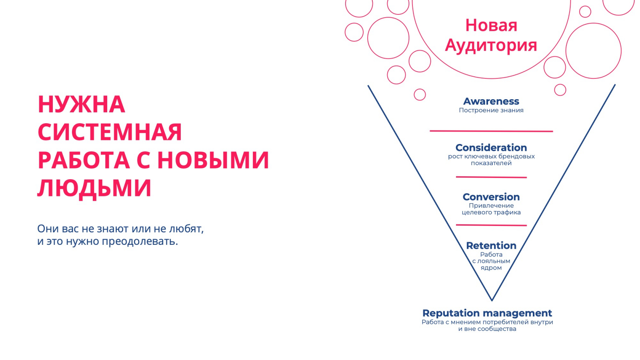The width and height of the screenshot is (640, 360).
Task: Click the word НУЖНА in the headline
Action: point(82,104)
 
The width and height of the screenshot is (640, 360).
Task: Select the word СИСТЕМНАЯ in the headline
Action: point(110,132)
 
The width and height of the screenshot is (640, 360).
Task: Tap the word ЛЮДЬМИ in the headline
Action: point(94,188)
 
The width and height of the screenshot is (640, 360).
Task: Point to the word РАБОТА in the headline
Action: point(84,160)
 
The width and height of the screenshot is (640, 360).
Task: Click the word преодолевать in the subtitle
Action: point(140,242)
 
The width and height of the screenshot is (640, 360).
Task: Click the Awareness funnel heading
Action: point(491,101)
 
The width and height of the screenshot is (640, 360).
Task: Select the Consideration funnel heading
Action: point(491,148)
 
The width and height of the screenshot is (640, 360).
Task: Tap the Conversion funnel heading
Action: point(491,197)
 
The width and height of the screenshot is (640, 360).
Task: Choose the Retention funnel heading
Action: point(491,246)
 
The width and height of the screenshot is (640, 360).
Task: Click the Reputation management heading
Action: point(487,313)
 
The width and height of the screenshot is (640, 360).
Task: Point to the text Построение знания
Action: point(491,110)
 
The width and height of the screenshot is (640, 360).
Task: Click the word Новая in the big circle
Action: point(492,25)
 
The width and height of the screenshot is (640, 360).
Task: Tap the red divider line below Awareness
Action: point(492,131)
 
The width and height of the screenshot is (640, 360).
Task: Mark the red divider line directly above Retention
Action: point(492,225)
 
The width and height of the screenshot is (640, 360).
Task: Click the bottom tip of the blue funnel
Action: point(492,300)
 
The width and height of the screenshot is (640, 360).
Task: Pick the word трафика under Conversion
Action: point(508,212)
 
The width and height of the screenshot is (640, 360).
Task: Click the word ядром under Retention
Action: point(491,268)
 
